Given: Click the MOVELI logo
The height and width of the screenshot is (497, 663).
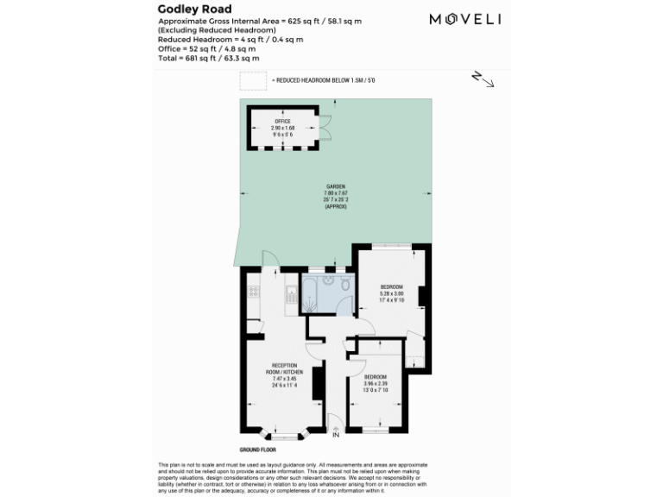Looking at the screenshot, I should [x=465, y=19].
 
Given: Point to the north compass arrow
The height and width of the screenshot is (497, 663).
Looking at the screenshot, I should [x=483, y=79].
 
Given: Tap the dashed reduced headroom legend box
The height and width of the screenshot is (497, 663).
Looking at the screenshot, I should [x=253, y=81].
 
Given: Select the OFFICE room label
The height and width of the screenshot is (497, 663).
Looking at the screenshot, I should [x=282, y=122].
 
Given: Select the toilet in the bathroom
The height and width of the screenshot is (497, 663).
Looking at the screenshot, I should [x=344, y=285].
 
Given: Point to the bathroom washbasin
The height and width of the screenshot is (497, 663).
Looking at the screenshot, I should [x=328, y=281].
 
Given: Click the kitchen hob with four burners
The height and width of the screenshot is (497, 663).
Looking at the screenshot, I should [x=253, y=292].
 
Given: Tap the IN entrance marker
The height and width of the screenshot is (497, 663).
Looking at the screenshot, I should [x=336, y=434].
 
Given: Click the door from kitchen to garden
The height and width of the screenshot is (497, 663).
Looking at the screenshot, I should [x=268, y=257].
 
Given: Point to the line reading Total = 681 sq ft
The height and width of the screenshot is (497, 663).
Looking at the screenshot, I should [x=208, y=58].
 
